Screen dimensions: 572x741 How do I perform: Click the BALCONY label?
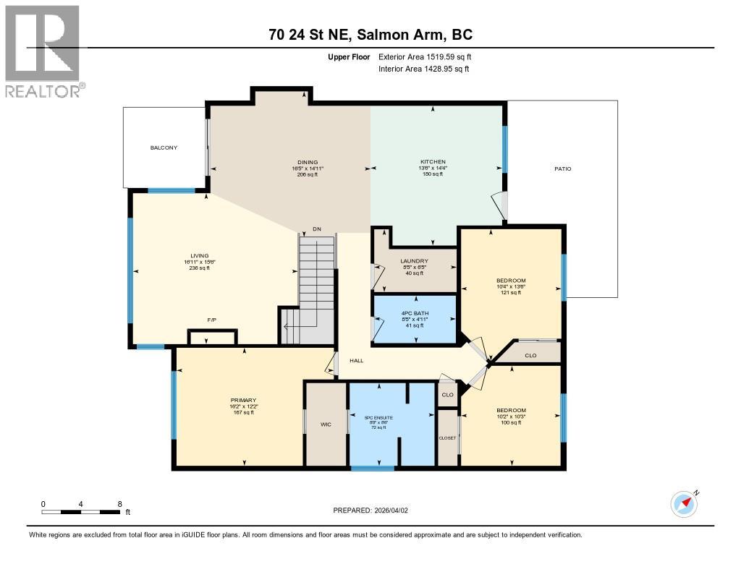pyautogui.click(x=164, y=148)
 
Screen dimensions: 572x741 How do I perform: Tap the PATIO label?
pyautogui.click(x=563, y=168)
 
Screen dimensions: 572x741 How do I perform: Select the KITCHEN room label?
pyautogui.click(x=433, y=162)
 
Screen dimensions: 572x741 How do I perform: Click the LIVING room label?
pyautogui.click(x=199, y=255)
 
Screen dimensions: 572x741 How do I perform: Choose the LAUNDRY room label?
pyautogui.click(x=414, y=261)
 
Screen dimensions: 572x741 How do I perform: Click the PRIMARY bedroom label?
pyautogui.click(x=244, y=400)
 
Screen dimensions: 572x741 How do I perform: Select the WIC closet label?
pyautogui.click(x=326, y=424)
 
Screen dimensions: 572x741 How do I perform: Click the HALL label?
pyautogui.click(x=357, y=360)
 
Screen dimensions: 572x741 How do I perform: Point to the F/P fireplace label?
pyautogui.click(x=212, y=319)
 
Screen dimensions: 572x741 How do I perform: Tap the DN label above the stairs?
pyautogui.click(x=316, y=229)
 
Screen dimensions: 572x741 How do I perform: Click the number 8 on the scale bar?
pyautogui.click(x=119, y=504)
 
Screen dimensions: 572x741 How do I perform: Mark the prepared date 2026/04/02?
pyautogui.click(x=392, y=510)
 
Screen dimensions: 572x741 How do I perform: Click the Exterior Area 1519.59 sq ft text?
pyautogui.click(x=425, y=56)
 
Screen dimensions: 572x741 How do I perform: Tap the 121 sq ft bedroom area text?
pyautogui.click(x=511, y=293)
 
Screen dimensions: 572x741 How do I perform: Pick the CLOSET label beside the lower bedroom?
pyautogui.click(x=447, y=438)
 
